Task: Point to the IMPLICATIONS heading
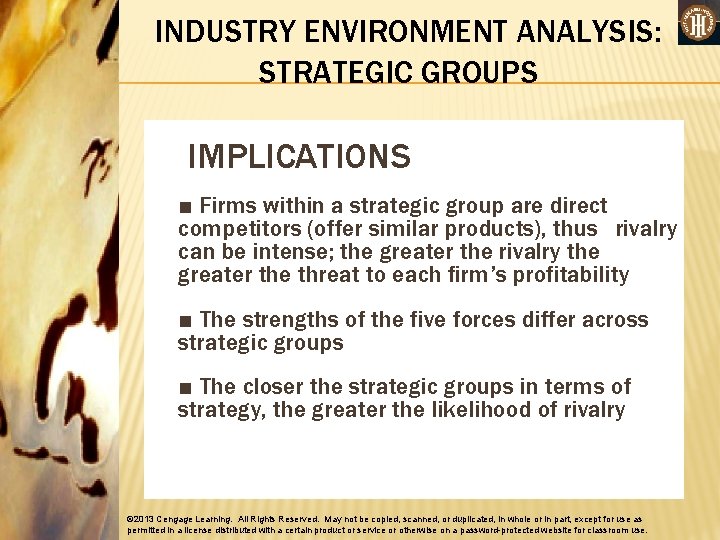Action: (299, 157)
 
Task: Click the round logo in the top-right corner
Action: (697, 22)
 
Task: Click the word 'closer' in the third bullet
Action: (274, 387)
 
